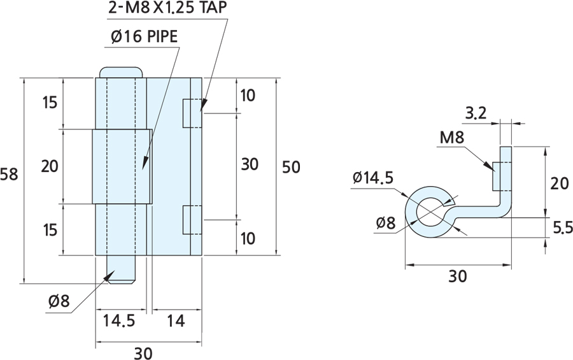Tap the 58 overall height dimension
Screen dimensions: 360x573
point(10,174)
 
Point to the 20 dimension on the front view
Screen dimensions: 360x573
point(50,166)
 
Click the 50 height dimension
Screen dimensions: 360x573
point(291,166)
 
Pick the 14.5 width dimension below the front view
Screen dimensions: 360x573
point(119,321)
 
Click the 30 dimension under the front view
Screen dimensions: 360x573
point(143,353)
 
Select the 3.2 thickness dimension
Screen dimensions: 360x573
point(476,115)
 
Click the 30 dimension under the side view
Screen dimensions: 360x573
point(458,276)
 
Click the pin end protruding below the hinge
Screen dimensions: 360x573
point(122,269)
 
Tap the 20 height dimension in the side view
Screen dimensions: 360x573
point(560,184)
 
